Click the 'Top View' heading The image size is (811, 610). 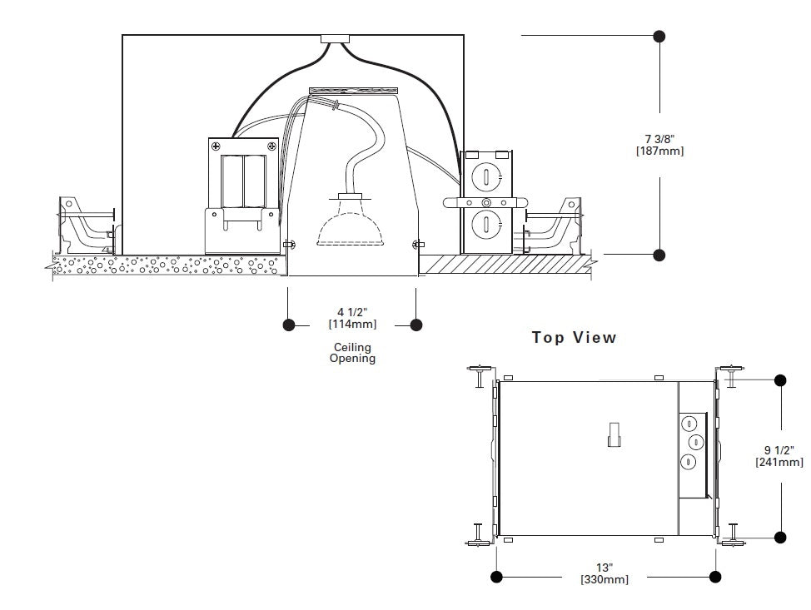[x=575, y=338]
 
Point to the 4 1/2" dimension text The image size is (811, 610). [x=352, y=312]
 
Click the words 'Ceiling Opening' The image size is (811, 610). [x=352, y=353]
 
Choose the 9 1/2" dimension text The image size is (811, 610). [x=779, y=450]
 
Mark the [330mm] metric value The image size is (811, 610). [x=605, y=579]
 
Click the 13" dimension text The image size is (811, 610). [x=605, y=568]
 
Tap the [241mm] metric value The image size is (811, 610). [x=779, y=462]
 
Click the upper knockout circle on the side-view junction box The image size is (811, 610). [x=486, y=176]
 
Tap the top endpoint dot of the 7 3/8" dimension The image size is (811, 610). [x=659, y=36]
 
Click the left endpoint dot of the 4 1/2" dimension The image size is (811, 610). [x=289, y=325]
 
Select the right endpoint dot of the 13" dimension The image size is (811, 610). [x=714, y=576]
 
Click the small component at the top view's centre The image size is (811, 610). [x=614, y=434]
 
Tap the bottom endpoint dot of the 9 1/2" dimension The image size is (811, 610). [x=780, y=537]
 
